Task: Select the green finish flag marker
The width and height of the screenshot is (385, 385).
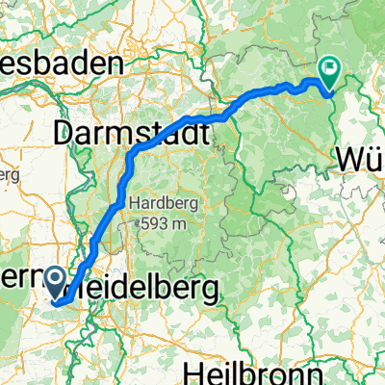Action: click(329, 72)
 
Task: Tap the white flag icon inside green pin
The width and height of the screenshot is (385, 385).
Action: click(329, 67)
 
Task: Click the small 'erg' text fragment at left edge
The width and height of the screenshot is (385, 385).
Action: click(8, 176)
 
